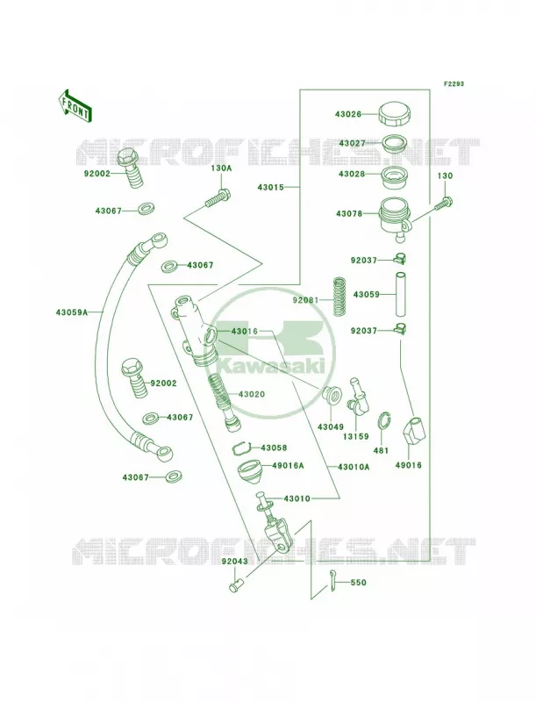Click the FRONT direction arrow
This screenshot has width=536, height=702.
pos(75,105)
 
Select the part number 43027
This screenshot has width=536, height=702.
pos(352,143)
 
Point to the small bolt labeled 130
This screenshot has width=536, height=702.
pos(444,204)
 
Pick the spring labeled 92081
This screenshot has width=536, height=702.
pos(341,296)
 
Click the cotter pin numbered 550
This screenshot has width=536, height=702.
pos(332,580)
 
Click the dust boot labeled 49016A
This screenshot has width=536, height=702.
pos(250,474)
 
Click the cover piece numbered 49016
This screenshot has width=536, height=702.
pos(416,428)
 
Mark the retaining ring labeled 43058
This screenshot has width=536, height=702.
pos(240,448)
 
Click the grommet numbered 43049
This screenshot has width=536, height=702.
pos(331,393)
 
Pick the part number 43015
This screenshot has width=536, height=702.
pos(271,187)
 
